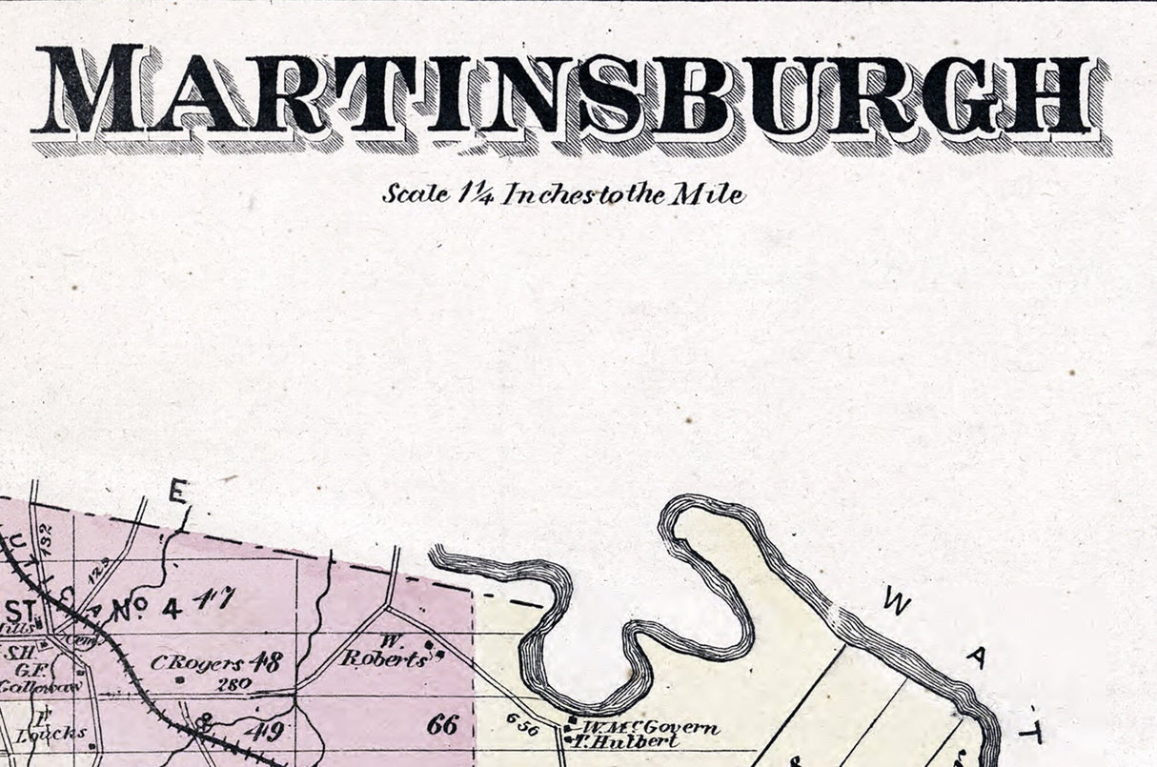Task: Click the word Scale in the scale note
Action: [x=416, y=193]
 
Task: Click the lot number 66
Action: [x=442, y=724]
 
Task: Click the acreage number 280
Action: [x=233, y=683]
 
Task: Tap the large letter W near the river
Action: [x=898, y=601]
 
